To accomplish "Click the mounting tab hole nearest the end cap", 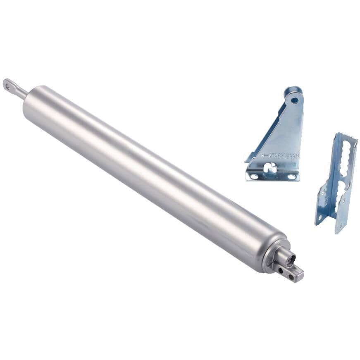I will pyautogui.click(x=282, y=271).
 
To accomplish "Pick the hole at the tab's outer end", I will pyautogui.click(x=292, y=277).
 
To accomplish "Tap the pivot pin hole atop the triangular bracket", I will pyautogui.click(x=294, y=100).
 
